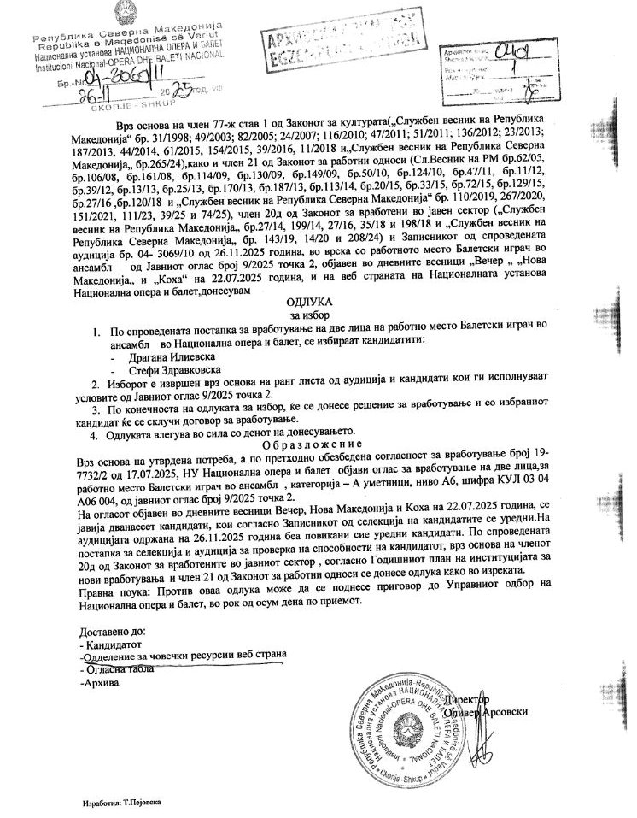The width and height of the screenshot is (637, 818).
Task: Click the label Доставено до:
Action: pyautogui.click(x=114, y=632)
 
